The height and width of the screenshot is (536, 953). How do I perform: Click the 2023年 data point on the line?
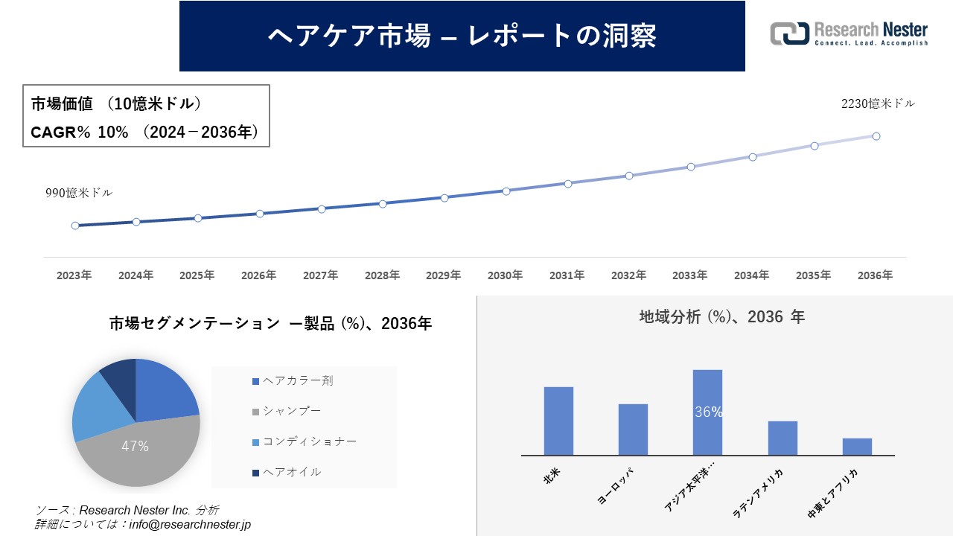(x=75, y=226)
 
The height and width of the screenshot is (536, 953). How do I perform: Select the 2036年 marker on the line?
(x=876, y=136)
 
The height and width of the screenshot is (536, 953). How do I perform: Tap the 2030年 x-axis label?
(x=505, y=275)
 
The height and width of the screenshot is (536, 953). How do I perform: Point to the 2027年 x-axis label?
(x=320, y=275)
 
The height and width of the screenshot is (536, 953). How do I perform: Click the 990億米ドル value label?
(x=79, y=193)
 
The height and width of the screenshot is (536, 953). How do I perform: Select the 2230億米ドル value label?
(x=878, y=104)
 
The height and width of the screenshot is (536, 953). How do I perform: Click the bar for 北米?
(x=558, y=421)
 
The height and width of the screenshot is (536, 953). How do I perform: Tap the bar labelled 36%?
(x=707, y=412)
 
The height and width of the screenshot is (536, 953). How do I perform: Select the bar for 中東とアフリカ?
(x=857, y=447)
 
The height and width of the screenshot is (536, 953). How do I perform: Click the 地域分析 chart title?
(x=721, y=316)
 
